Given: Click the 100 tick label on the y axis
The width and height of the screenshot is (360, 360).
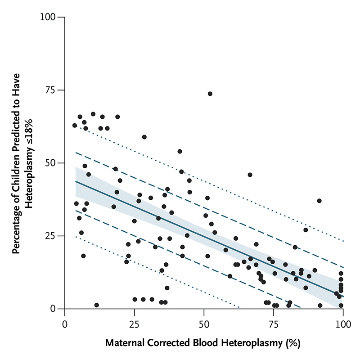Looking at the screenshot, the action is pyautogui.click(x=48, y=17).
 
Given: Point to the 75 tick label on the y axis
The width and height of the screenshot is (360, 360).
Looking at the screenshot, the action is pyautogui.click(x=50, y=90).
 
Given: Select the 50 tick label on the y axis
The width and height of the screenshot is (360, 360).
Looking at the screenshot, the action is pyautogui.click(x=50, y=163).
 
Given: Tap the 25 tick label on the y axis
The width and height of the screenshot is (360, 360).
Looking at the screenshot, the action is pyautogui.click(x=50, y=236).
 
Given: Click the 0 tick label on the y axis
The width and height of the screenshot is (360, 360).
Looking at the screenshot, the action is pyautogui.click(x=53, y=309).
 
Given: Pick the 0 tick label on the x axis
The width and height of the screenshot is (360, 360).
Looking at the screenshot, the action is pyautogui.click(x=65, y=324).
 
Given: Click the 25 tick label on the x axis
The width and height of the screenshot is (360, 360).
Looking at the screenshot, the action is pyautogui.click(x=134, y=324).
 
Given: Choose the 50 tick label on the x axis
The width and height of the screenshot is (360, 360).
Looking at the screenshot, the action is pyautogui.click(x=204, y=324).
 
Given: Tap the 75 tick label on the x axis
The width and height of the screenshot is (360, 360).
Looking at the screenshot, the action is pyautogui.click(x=274, y=324).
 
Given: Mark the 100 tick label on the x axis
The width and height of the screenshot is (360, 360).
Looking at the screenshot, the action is pyautogui.click(x=343, y=324).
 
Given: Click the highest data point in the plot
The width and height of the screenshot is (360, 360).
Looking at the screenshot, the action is pyautogui.click(x=210, y=94).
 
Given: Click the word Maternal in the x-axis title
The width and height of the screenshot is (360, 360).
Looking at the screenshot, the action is pyautogui.click(x=125, y=343).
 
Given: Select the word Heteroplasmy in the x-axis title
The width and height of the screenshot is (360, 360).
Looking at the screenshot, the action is pyautogui.click(x=252, y=343).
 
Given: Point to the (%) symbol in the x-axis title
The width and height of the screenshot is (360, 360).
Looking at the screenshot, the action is pyautogui.click(x=293, y=343).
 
